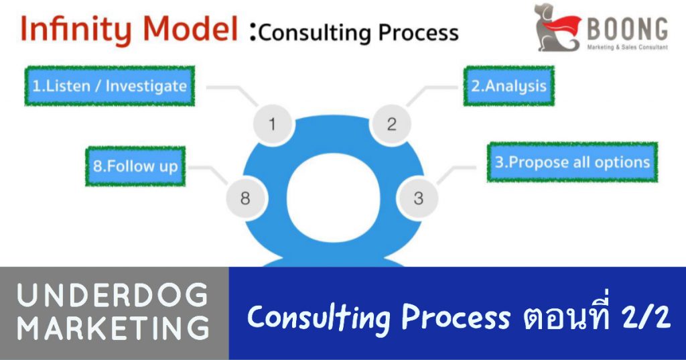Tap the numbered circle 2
coord(391,125)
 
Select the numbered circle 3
coord(418,198)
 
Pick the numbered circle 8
coord(246,198)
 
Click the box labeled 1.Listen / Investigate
coord(109,86)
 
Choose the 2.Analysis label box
coord(509,86)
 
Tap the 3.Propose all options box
coord(572,162)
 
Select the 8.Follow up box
coord(135,166)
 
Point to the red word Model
coord(190,29)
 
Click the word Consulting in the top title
coord(315,32)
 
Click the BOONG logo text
coord(626,29)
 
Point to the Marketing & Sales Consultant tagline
coord(627,48)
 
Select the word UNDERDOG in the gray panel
coord(113,296)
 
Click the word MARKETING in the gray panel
coord(113,328)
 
